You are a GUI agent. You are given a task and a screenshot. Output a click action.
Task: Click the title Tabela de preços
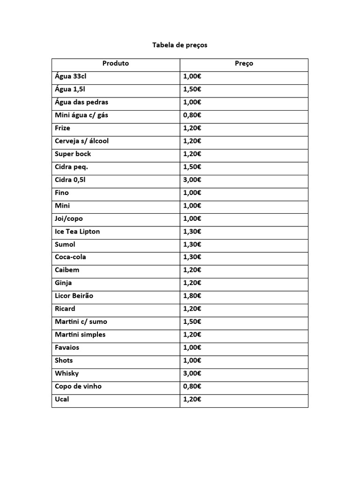click(180, 45)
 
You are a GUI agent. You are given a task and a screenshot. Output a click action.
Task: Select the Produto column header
click(116, 63)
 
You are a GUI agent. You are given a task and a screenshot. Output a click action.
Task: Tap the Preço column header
click(244, 64)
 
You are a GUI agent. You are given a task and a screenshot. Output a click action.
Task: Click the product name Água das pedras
click(82, 102)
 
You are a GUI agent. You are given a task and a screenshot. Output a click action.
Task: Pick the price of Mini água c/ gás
click(192, 115)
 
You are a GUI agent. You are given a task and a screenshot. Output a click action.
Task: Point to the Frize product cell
click(62, 128)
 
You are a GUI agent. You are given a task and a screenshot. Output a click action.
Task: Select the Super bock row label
click(73, 154)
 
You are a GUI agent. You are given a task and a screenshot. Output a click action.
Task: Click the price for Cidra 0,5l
click(192, 180)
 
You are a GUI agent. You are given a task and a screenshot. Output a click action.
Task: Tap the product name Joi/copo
click(68, 218)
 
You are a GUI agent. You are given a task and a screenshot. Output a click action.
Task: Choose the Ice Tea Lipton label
click(77, 232)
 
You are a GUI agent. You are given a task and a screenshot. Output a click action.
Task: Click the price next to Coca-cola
click(192, 257)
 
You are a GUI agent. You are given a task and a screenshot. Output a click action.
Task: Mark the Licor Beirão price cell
click(192, 296)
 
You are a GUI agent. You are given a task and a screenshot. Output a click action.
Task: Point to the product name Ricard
click(65, 309)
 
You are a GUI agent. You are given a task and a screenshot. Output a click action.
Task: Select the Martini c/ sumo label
click(81, 322)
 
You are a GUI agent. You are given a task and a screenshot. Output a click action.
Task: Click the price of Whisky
click(192, 374)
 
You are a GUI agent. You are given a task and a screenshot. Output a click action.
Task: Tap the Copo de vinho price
click(192, 386)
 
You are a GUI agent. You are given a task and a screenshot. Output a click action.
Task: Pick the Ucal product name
click(62, 399)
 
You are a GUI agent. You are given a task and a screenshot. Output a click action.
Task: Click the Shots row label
click(64, 360)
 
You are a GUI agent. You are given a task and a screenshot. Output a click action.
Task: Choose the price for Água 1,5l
click(192, 90)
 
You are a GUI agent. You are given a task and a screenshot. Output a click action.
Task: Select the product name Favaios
click(67, 347)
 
